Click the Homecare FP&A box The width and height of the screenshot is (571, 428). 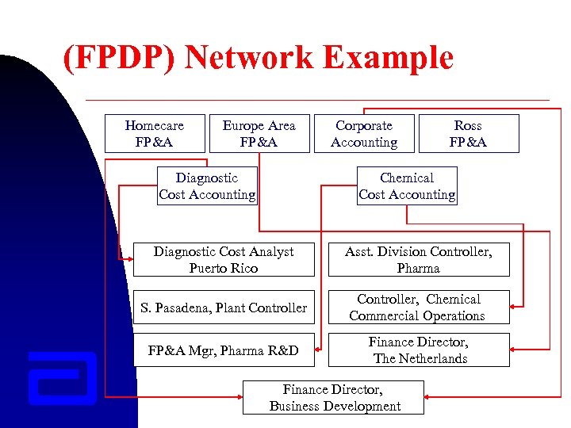155,134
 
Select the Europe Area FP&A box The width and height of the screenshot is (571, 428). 259,134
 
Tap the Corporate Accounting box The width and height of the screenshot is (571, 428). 364,134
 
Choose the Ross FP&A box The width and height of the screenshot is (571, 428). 468,134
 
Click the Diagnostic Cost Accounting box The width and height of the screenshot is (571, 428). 207,186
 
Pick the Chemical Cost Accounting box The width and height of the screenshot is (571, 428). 407,186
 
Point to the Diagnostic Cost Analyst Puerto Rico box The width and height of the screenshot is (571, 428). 224,260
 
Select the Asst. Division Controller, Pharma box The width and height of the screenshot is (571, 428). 418,260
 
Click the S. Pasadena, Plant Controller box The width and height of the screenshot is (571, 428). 224,308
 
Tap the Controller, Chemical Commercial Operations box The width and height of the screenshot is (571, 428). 418,308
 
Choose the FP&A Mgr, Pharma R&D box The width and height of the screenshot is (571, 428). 224,350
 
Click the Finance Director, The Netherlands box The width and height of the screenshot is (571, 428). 418,350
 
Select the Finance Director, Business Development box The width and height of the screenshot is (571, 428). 334,398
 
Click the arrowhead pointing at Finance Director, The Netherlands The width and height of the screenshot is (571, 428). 514,350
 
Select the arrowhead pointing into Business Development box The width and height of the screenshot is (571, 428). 238,396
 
